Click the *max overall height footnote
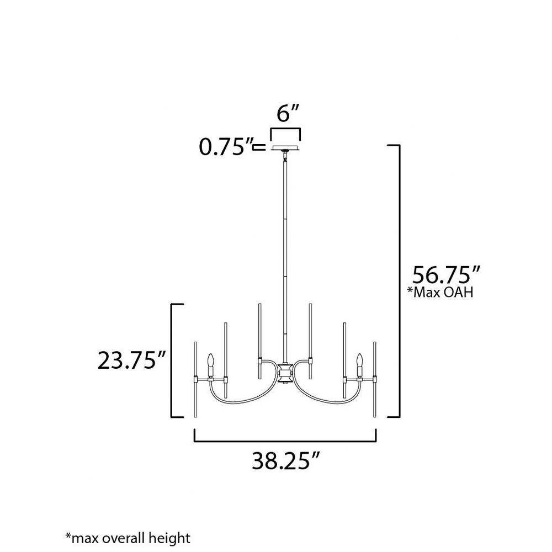[128, 538]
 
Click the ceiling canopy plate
[285, 148]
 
